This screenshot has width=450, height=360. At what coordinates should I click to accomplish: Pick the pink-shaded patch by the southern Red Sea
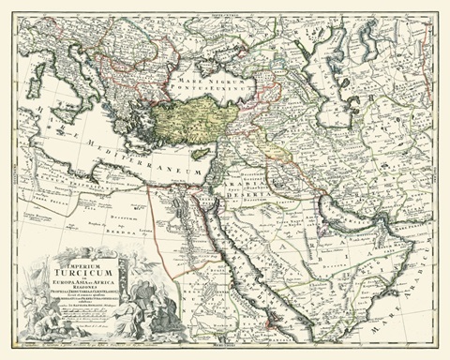(x=272, y=318)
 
